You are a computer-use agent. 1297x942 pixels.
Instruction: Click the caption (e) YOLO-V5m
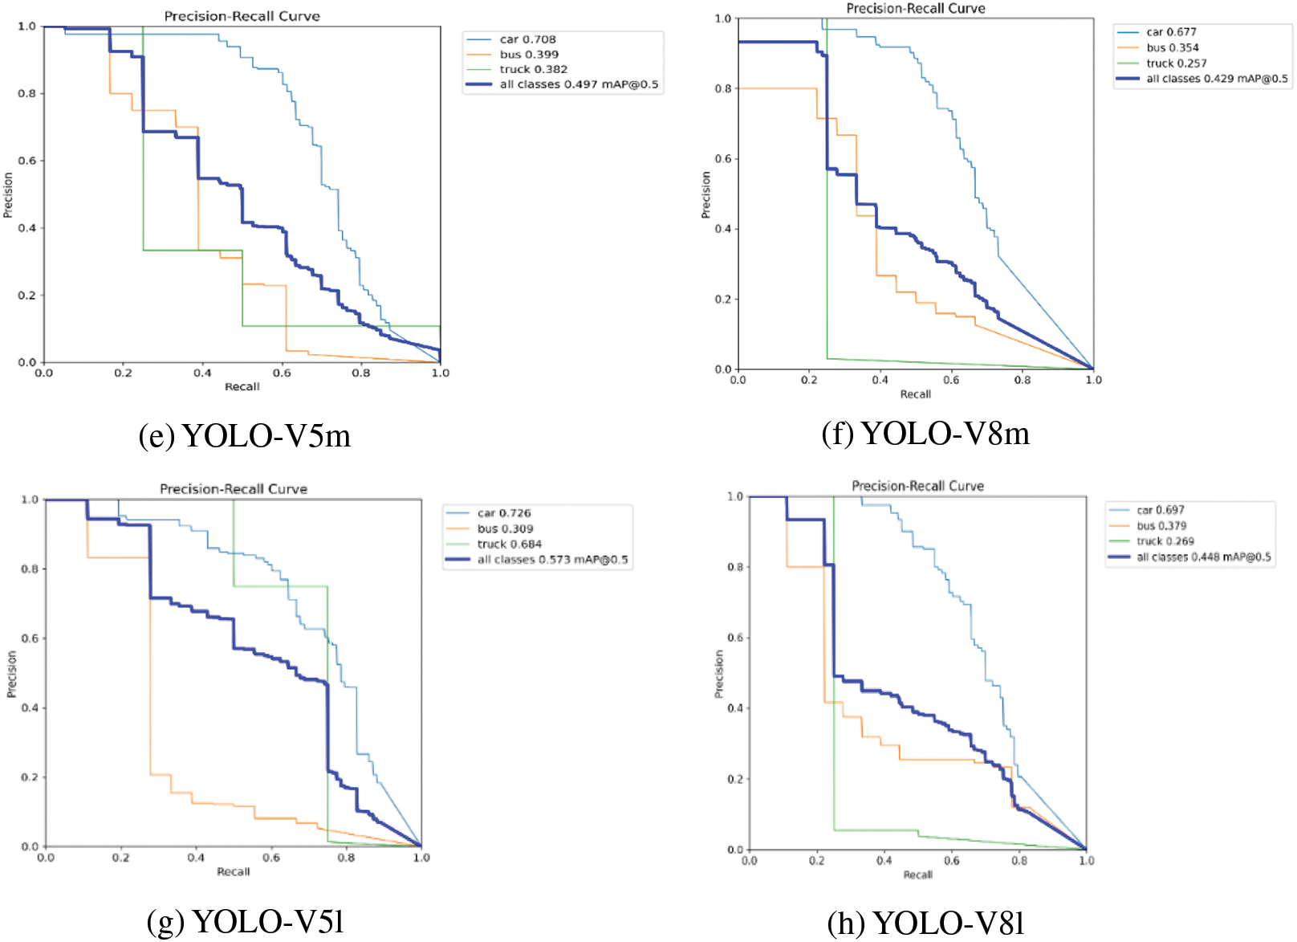tap(245, 435)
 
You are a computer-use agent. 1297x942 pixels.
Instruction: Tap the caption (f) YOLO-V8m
tap(925, 433)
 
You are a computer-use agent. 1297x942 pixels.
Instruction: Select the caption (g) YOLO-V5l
tap(246, 921)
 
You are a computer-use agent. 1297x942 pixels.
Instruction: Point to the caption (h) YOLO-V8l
tap(925, 923)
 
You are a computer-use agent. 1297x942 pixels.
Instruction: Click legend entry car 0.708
tap(527, 39)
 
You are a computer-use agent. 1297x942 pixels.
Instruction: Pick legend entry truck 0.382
tap(533, 69)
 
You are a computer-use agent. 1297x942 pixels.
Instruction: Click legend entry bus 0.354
tap(1172, 47)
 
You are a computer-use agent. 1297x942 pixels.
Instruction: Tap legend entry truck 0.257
tap(1176, 63)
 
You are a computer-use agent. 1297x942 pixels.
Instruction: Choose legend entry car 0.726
tap(504, 513)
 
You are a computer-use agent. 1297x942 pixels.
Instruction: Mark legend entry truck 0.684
tap(509, 544)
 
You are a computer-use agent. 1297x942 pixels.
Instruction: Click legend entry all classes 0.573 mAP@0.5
tap(552, 560)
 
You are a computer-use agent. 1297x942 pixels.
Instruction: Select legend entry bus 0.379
tap(1161, 526)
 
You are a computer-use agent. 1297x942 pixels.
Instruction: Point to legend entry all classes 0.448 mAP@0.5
tap(1203, 557)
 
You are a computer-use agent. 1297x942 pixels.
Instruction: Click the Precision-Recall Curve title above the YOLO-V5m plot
tap(242, 16)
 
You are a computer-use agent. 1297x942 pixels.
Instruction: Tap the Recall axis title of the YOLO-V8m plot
tap(915, 394)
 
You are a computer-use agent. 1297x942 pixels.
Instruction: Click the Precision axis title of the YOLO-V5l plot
tap(11, 674)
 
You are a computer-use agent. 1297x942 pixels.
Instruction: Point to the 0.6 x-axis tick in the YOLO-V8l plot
tap(951, 861)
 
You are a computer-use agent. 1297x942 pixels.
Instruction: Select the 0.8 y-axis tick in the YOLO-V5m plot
tap(26, 94)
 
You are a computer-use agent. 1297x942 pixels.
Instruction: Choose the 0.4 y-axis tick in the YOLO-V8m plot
tap(722, 229)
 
